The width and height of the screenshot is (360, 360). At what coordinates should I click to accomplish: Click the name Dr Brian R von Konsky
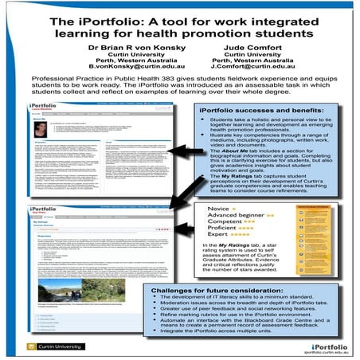click(x=119, y=47)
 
